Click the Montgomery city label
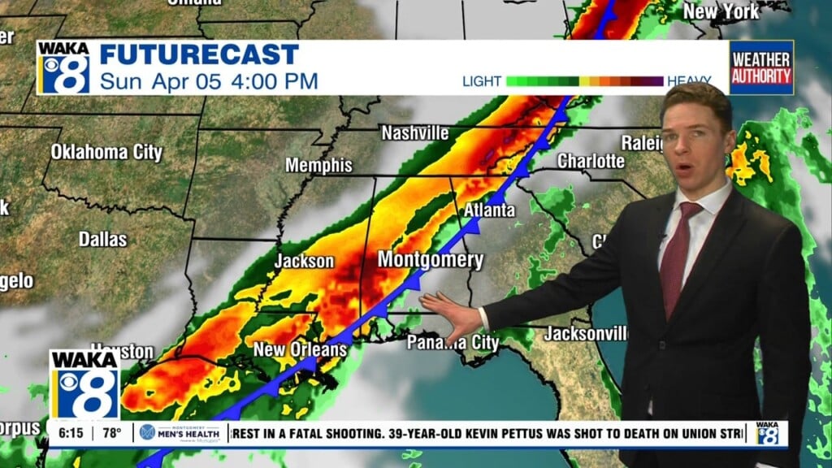[430, 261]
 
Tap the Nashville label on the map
[414, 132]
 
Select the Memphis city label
[318, 166]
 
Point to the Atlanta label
[489, 210]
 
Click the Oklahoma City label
[106, 152]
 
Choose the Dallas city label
[103, 239]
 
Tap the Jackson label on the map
[304, 261]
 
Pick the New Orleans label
[301, 350]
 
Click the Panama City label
[453, 342]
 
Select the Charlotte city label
[591, 161]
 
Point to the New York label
[721, 11]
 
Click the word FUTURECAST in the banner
[199, 55]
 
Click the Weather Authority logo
[760, 67]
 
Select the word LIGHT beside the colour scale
[482, 81]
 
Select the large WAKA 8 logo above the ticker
[84, 383]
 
